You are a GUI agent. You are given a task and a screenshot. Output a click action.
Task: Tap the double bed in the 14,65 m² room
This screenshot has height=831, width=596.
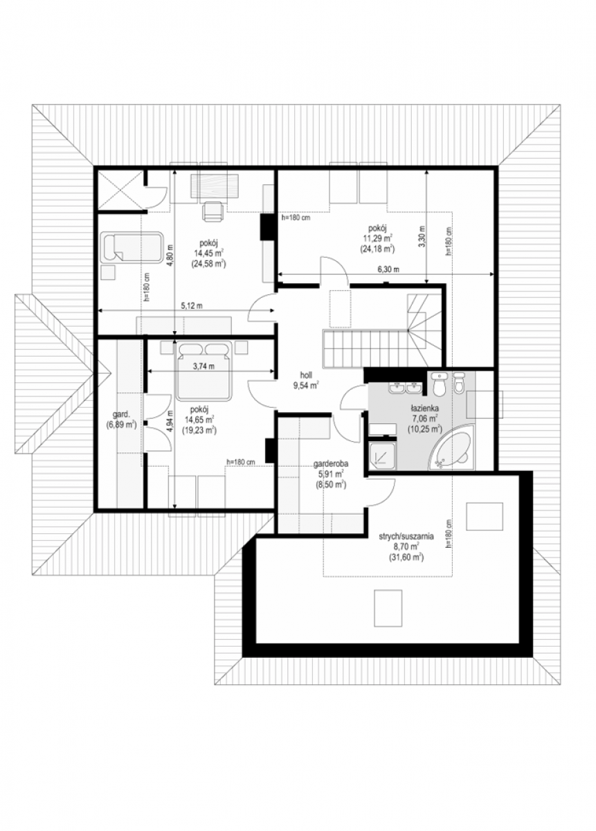203,370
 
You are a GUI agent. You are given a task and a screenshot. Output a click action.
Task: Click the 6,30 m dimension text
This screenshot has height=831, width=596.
388,269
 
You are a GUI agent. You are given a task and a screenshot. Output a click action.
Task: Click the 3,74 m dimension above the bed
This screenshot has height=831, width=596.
204,366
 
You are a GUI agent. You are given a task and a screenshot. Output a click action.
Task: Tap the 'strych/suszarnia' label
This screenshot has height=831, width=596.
406,537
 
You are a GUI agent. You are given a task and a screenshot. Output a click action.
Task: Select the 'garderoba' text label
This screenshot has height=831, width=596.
331,464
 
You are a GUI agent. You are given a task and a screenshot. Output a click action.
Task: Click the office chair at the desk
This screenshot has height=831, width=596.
213,211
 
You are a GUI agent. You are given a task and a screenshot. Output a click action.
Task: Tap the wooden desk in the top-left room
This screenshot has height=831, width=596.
213,188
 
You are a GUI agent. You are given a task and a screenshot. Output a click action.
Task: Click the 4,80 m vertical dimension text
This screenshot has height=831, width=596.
170,253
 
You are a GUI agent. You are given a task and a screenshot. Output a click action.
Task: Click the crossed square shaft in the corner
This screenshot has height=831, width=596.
120,191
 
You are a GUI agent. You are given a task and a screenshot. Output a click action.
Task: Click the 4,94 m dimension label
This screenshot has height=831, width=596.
170,420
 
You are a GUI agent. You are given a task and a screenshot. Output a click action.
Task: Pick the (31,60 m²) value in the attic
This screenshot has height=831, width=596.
406,557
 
